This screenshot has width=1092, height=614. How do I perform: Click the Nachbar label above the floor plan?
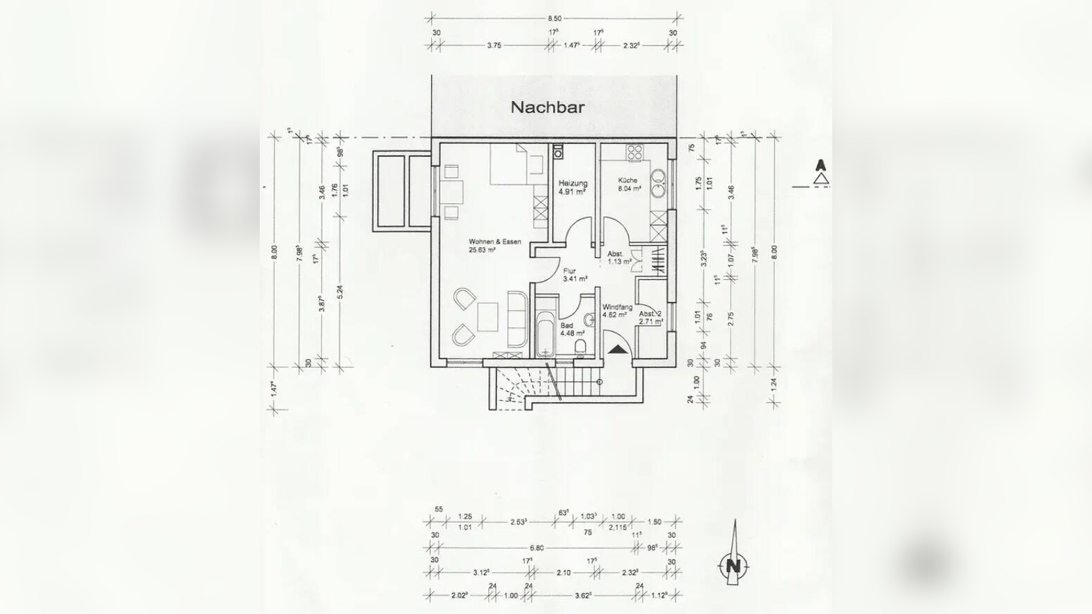(547, 107)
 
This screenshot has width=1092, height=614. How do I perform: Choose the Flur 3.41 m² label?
(573, 276)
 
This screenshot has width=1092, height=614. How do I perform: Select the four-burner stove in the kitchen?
(634, 153)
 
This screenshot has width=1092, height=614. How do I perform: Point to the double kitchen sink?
(658, 184)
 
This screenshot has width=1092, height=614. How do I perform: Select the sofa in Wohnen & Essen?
(516, 319)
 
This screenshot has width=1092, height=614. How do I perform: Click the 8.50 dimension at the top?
(554, 19)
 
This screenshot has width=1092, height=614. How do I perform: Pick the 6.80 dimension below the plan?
(536, 548)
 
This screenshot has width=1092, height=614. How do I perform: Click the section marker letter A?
(822, 166)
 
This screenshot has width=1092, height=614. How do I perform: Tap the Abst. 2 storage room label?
(650, 317)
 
